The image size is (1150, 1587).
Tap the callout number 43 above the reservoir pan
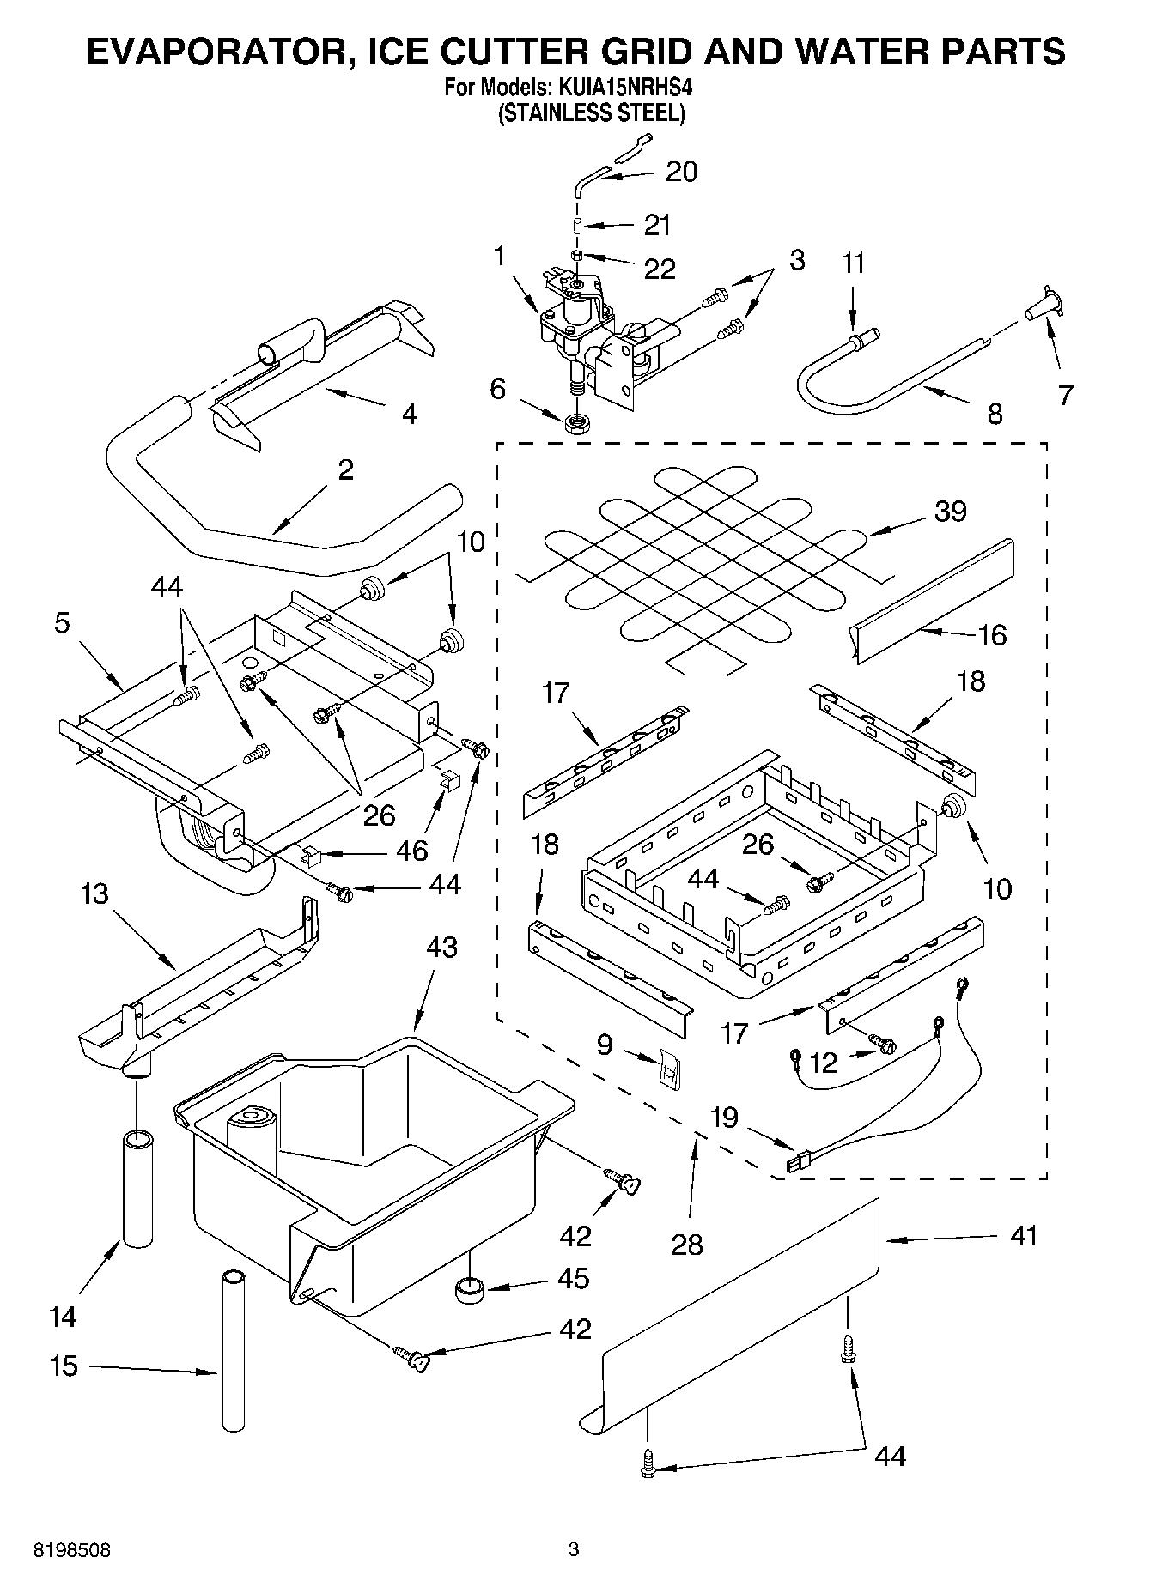(x=442, y=947)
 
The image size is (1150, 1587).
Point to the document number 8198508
(x=72, y=1551)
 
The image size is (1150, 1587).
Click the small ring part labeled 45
(x=469, y=1289)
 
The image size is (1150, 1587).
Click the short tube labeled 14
(x=137, y=1189)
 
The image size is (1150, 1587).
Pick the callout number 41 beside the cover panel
(x=1024, y=1236)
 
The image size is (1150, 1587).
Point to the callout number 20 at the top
(x=681, y=172)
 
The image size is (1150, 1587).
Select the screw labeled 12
(x=881, y=1044)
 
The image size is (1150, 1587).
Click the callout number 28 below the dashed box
(x=687, y=1244)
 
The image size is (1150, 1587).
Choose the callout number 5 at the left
(x=62, y=622)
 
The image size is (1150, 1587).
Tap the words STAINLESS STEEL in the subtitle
(x=592, y=113)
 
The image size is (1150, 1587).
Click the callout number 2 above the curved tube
(x=345, y=469)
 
